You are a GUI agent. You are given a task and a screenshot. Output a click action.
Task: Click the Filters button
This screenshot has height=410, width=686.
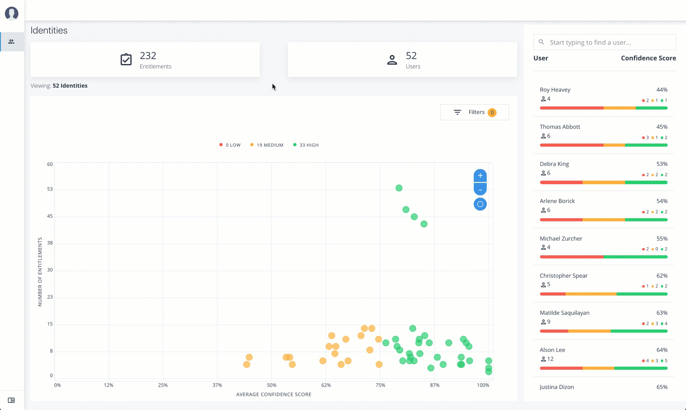(x=474, y=112)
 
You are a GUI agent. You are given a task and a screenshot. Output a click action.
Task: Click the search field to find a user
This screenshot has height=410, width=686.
(x=609, y=42)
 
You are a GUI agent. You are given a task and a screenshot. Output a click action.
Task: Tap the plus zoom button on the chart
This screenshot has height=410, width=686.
(x=480, y=175)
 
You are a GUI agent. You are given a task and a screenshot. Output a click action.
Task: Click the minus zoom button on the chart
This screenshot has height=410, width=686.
(x=480, y=190)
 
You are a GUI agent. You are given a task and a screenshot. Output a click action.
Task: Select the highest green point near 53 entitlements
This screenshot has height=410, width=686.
(x=399, y=188)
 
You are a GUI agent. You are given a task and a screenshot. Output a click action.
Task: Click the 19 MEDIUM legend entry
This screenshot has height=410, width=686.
(x=267, y=145)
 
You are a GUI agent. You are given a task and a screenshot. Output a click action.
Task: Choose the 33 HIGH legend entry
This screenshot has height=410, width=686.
(x=306, y=145)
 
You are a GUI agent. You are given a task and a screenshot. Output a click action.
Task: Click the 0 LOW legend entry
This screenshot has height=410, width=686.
(x=230, y=145)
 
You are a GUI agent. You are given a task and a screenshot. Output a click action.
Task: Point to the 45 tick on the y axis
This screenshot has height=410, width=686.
(x=50, y=216)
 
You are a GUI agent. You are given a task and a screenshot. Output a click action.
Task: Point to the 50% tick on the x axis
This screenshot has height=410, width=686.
(x=271, y=385)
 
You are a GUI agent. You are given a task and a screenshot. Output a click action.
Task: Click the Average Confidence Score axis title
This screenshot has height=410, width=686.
(x=274, y=394)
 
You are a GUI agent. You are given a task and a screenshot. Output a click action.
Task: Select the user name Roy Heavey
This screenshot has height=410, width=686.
(x=555, y=90)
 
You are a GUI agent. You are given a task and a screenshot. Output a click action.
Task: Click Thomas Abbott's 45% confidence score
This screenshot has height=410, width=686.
(x=661, y=127)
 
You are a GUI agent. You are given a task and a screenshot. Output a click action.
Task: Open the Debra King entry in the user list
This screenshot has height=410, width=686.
(x=554, y=164)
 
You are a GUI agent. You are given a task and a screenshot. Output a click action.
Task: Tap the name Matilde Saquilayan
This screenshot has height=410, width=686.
(x=564, y=313)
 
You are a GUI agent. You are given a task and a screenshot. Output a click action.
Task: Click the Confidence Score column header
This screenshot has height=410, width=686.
(x=648, y=58)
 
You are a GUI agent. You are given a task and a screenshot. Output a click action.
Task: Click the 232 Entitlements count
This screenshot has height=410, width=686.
(x=148, y=56)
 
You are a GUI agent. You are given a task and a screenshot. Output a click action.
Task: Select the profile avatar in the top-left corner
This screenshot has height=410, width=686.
(x=12, y=13)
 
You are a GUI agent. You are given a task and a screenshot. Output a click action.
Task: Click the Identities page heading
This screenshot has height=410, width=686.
(x=49, y=30)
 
